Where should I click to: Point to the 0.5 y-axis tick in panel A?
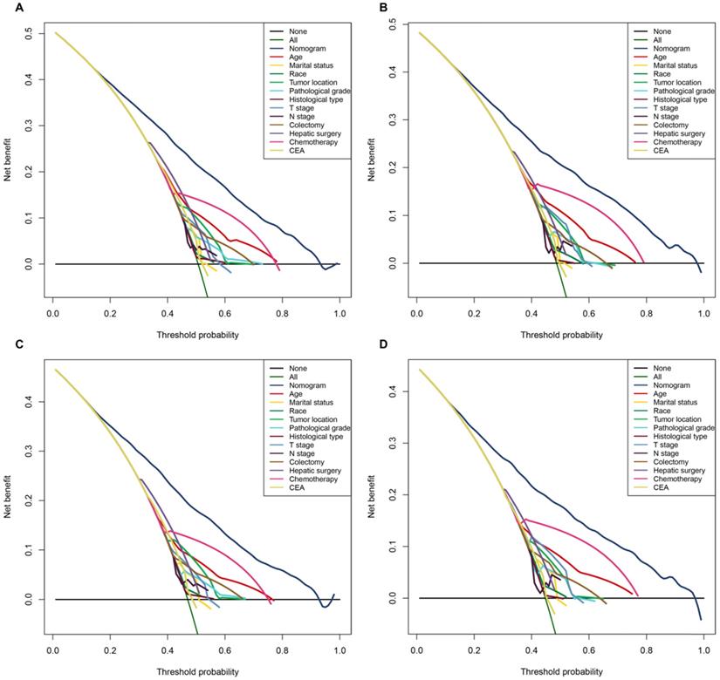tap(31, 34)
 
